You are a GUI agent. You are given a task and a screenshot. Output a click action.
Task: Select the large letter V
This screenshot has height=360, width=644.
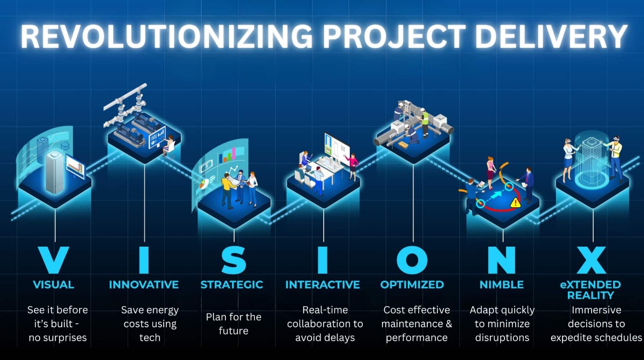pos(54,260)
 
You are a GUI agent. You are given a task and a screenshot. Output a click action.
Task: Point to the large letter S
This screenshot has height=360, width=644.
pos(233,260)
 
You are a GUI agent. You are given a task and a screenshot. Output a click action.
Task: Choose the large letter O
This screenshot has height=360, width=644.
pos(412,260)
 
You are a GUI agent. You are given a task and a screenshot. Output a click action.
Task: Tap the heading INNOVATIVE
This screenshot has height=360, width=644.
pos(144,284)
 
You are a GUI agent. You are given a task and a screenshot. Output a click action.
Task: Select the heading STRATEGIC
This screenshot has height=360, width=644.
pos(232,284)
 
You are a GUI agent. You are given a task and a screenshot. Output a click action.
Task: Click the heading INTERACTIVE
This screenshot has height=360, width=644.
pos(323,284)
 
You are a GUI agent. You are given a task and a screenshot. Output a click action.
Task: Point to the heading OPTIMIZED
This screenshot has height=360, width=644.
pos(412,284)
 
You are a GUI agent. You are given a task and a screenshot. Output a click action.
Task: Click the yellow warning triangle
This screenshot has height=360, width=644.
pos(516,202)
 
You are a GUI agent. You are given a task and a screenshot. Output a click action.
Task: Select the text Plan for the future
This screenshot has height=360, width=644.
pos(233,324)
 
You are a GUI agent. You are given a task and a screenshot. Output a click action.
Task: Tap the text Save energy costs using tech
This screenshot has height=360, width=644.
pos(150,324)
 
